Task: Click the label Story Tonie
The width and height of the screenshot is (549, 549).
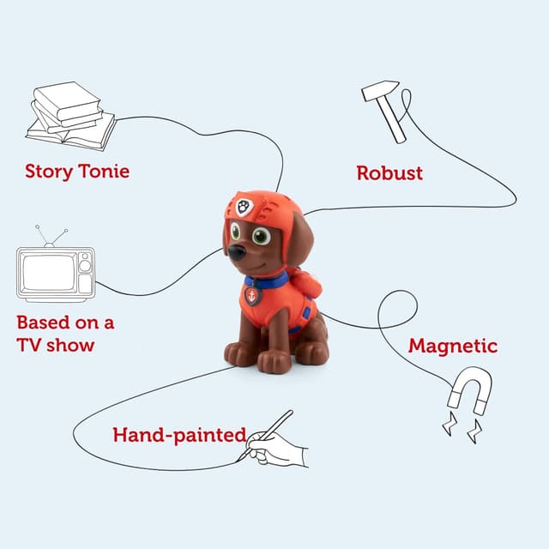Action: coord(77,171)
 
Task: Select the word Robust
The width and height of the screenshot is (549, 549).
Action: coord(389,172)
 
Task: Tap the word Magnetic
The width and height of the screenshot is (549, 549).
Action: coord(452,346)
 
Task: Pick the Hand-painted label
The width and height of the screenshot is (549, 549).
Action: coord(179,435)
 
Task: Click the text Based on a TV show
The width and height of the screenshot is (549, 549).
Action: coord(65,334)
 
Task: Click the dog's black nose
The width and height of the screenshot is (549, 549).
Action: coord(236,253)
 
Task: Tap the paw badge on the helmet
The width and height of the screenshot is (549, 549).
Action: coord(244,207)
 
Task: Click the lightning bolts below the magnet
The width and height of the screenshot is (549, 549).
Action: coord(462,427)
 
